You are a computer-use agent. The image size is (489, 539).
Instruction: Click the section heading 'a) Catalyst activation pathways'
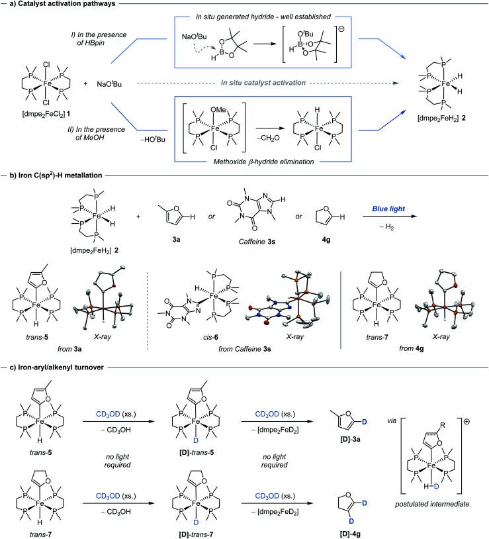tap(57, 6)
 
